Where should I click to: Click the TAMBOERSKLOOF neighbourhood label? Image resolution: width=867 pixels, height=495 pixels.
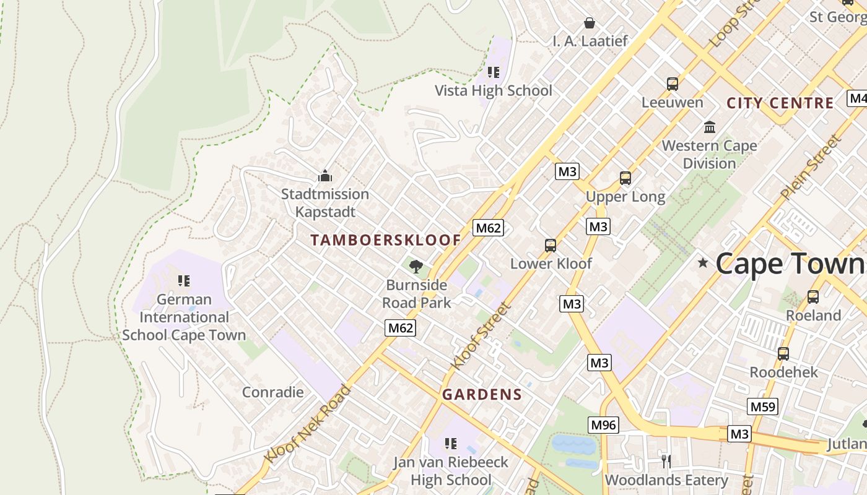pyautogui.click(x=386, y=240)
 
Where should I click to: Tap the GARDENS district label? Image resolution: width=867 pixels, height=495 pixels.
pyautogui.click(x=482, y=394)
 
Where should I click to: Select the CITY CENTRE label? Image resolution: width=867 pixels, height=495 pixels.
pyautogui.click(x=780, y=103)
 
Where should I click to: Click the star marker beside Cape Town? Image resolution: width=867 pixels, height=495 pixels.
pyautogui.click(x=702, y=263)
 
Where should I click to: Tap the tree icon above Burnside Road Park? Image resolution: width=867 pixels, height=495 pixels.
pyautogui.click(x=416, y=267)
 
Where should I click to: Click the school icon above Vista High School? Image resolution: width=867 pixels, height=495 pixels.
pyautogui.click(x=493, y=72)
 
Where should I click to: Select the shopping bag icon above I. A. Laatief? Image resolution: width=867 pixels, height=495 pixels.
pyautogui.click(x=590, y=23)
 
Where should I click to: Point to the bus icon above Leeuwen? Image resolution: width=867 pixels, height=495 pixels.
pyautogui.click(x=672, y=84)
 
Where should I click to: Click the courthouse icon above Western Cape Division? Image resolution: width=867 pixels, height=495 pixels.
pyautogui.click(x=710, y=127)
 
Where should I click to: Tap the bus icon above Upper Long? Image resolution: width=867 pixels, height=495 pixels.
pyautogui.click(x=625, y=178)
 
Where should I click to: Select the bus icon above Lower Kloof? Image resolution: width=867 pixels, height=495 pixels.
pyautogui.click(x=550, y=245)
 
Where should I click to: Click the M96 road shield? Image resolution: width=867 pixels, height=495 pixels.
pyautogui.click(x=603, y=424)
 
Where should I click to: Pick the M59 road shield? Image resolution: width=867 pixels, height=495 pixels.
pyautogui.click(x=762, y=407)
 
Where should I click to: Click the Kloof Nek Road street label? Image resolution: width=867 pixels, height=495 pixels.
pyautogui.click(x=308, y=423)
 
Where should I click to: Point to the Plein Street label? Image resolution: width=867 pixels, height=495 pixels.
pyautogui.click(x=811, y=167)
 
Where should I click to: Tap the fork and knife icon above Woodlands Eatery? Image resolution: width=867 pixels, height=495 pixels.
pyautogui.click(x=666, y=461)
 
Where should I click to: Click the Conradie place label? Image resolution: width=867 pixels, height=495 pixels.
pyautogui.click(x=272, y=392)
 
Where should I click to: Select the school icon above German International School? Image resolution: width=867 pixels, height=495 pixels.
pyautogui.click(x=183, y=281)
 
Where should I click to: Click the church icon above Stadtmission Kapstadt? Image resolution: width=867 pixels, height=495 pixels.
pyautogui.click(x=325, y=176)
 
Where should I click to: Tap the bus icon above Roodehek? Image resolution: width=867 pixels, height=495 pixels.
pyautogui.click(x=783, y=353)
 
